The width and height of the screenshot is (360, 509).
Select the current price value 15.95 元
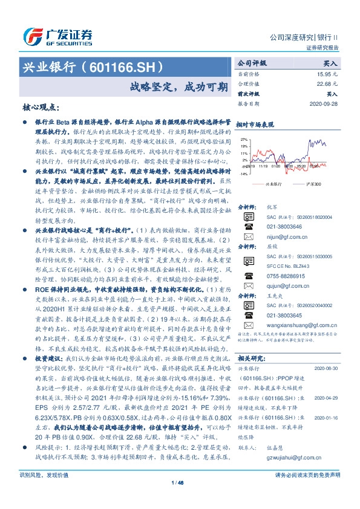click(326, 73)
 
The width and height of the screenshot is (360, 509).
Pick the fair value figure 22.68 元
click(326, 83)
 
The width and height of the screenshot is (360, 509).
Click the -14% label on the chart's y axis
click(243, 173)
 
